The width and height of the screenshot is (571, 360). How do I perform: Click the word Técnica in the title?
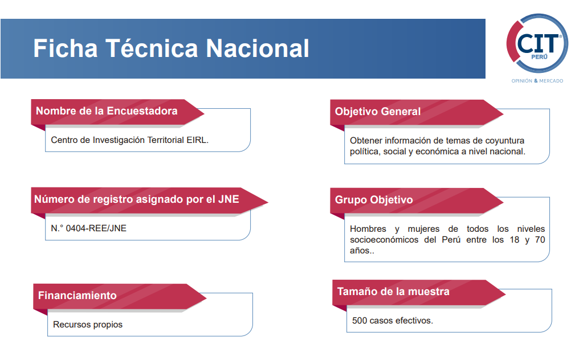[x=152, y=48]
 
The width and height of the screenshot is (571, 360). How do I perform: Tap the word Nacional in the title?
[x=258, y=48]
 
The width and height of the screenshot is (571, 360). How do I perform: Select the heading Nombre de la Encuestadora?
[x=107, y=111]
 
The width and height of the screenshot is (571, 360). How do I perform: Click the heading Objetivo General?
[x=378, y=112]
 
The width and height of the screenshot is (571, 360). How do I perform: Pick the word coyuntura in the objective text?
[x=505, y=141]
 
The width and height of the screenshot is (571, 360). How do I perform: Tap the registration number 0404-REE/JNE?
[x=96, y=228]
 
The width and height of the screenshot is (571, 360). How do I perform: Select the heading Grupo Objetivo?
[x=374, y=200]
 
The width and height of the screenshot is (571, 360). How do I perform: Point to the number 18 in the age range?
[x=515, y=240]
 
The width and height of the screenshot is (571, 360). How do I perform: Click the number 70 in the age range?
[x=540, y=240]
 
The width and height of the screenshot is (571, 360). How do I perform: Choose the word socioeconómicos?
[x=384, y=240]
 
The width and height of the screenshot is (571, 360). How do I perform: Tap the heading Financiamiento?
[x=77, y=295]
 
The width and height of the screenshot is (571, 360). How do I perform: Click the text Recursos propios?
[x=88, y=325]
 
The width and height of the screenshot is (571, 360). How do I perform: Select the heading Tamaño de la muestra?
[x=393, y=292]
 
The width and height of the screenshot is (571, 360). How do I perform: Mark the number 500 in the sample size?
[x=360, y=321]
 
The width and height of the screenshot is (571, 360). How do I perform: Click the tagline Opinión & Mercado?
[x=537, y=81]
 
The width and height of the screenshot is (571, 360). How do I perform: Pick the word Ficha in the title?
[x=66, y=48]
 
